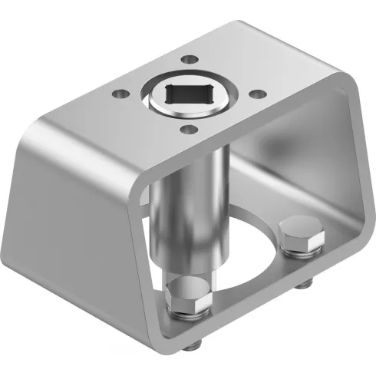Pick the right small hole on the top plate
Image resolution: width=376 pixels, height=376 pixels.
tap(258, 94)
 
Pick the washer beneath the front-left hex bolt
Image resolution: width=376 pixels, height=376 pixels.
tap(188, 313)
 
